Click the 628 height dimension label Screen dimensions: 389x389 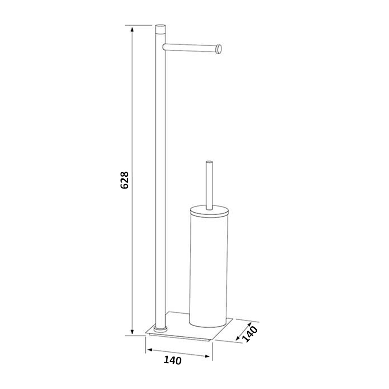click(124, 180)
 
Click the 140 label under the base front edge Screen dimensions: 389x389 click(172, 360)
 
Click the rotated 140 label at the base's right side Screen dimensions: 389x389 click(249, 334)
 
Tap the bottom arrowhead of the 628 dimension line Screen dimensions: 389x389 click(132, 331)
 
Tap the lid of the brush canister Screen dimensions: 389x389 click(209, 211)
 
